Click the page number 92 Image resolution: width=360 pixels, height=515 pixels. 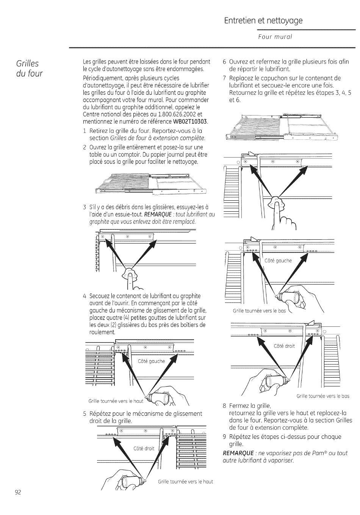18,492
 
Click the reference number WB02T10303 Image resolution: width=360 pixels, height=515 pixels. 191,122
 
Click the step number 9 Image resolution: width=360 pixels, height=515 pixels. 224,437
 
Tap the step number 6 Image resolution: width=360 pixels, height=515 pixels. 224,62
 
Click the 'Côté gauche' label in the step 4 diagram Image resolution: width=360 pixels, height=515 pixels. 152,361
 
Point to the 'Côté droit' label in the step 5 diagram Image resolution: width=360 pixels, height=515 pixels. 144,448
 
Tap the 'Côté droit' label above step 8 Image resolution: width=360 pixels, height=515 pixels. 284,346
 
